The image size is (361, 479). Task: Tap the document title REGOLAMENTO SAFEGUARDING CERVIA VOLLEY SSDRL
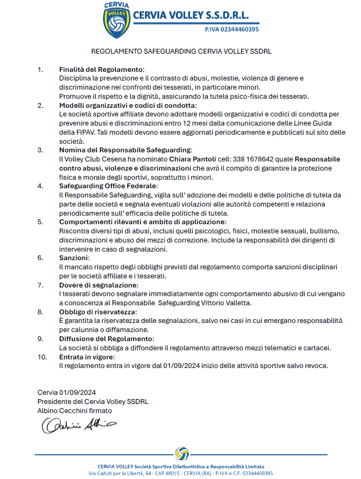click(x=180, y=52)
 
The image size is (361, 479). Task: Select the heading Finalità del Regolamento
click(x=102, y=70)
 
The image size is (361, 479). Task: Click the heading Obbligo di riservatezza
click(x=98, y=312)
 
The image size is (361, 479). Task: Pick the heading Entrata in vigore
click(x=86, y=357)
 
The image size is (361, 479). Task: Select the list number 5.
click(x=40, y=222)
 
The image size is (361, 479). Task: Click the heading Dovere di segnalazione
click(x=98, y=285)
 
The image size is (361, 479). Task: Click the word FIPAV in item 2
click(x=81, y=132)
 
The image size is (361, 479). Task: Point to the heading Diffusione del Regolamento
click(x=106, y=339)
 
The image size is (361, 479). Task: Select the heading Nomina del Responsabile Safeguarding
click(x=125, y=150)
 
